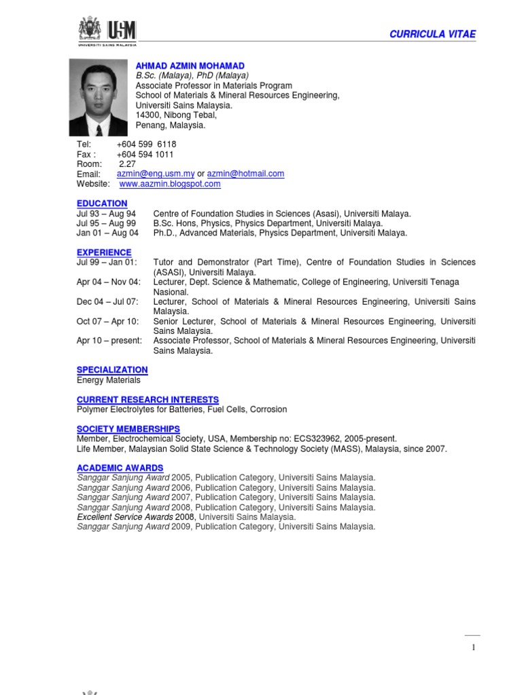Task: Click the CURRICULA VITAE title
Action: tap(432, 34)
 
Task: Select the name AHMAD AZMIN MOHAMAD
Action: tap(190, 66)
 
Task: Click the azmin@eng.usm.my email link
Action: tap(156, 174)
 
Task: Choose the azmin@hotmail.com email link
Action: tap(245, 174)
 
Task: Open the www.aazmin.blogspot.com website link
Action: tap(170, 184)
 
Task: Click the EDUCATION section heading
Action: tap(102, 204)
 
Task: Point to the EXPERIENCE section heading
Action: tap(104, 252)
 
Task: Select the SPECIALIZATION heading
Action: tap(112, 370)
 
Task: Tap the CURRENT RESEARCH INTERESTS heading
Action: tap(147, 400)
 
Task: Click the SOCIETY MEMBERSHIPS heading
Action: tap(128, 429)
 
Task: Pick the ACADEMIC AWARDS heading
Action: tap(120, 468)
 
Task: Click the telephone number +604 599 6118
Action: tap(146, 145)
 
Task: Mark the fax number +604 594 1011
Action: tap(145, 155)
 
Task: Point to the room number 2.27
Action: tap(127, 164)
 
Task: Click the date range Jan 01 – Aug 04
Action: tap(107, 233)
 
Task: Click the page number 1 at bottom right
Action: tap(473, 647)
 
